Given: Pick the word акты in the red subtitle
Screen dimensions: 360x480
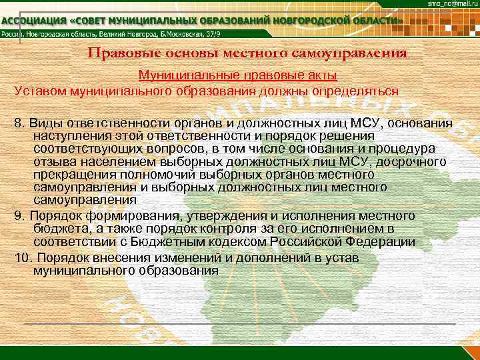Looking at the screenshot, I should tap(322, 75).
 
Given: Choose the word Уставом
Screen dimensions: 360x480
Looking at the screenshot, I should tap(43, 91).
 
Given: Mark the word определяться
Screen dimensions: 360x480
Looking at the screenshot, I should tap(356, 91).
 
